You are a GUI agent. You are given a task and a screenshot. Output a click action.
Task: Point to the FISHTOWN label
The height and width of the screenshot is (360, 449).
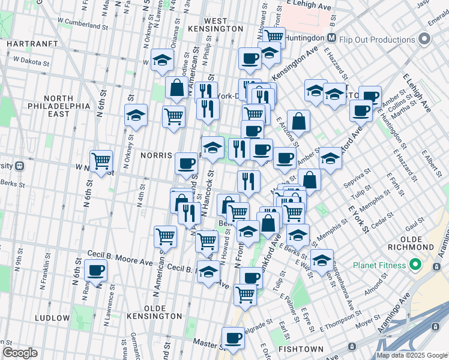tap(301, 349)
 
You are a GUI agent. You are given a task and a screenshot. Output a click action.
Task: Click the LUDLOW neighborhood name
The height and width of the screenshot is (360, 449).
tap(53, 317)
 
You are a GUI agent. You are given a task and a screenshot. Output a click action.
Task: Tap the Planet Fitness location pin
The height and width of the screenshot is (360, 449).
tap(415, 265)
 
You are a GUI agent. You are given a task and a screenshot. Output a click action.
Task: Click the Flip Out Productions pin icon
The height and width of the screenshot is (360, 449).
tap(425, 40)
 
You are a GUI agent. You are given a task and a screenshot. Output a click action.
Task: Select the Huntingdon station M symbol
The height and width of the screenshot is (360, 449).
tap(330, 37)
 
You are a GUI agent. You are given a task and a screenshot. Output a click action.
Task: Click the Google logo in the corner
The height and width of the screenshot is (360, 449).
tap(20, 353)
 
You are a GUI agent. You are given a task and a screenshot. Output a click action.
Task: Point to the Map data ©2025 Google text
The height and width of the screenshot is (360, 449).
tap(412, 355)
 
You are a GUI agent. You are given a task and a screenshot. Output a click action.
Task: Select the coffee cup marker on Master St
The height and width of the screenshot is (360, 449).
tap(233, 337)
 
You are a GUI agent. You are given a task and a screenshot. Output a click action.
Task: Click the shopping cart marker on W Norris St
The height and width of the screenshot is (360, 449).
tap(101, 160)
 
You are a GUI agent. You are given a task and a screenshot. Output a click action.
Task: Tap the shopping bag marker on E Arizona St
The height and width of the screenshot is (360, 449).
tap(298, 121)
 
